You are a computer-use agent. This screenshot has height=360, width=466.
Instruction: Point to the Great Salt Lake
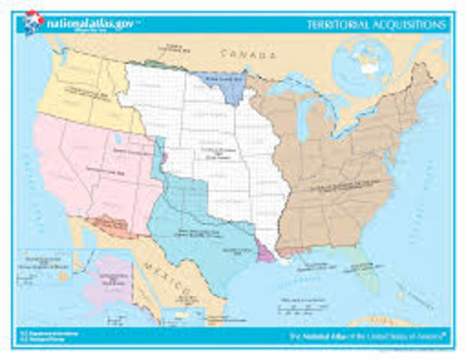tap(118, 139)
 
